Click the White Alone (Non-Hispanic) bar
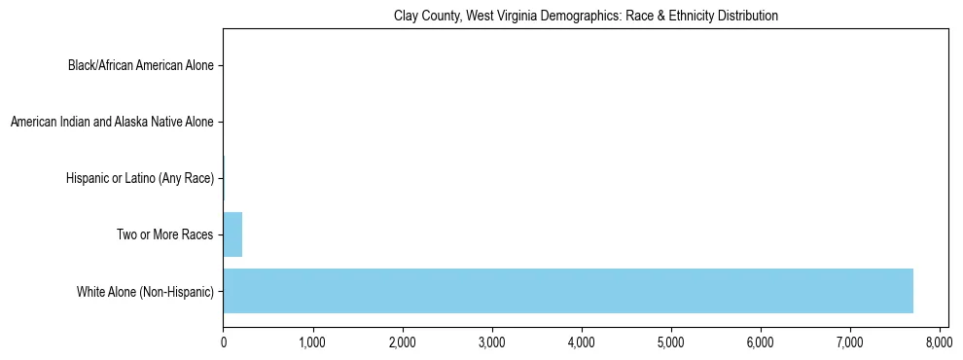(x=568, y=291)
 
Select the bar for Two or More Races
(x=232, y=234)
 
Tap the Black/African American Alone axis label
(x=140, y=66)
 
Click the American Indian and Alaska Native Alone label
(x=112, y=123)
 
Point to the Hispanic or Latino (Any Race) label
(x=140, y=179)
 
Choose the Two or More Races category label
(x=161, y=234)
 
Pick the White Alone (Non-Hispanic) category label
(x=145, y=291)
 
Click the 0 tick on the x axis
(x=224, y=342)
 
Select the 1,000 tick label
(x=312, y=342)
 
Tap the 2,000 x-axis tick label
(x=402, y=342)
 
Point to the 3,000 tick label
(x=492, y=342)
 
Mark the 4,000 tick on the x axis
(x=582, y=342)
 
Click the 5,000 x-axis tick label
(x=671, y=342)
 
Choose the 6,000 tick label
(x=761, y=342)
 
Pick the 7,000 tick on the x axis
(x=850, y=342)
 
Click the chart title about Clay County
(x=586, y=17)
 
